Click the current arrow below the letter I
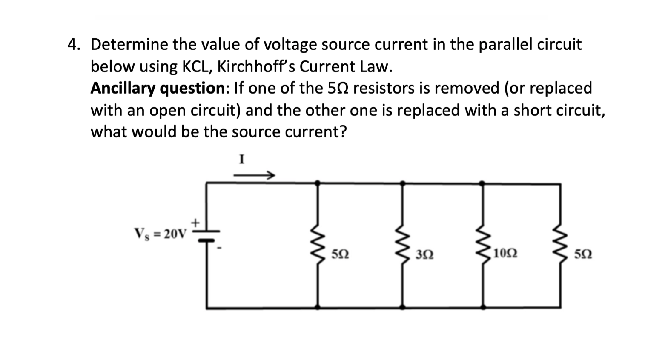[x=254, y=175]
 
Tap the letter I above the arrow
[x=242, y=160]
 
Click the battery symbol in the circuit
[x=207, y=236]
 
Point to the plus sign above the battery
[x=195, y=223]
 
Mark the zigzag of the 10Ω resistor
[x=482, y=245]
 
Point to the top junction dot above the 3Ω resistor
[x=402, y=183]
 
